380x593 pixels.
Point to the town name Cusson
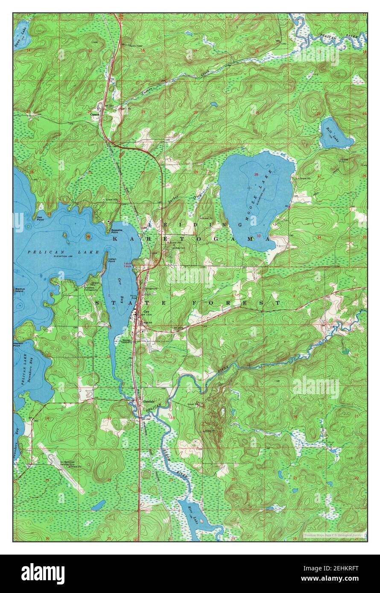click(x=95, y=114)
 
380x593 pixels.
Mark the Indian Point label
click(x=112, y=260)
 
